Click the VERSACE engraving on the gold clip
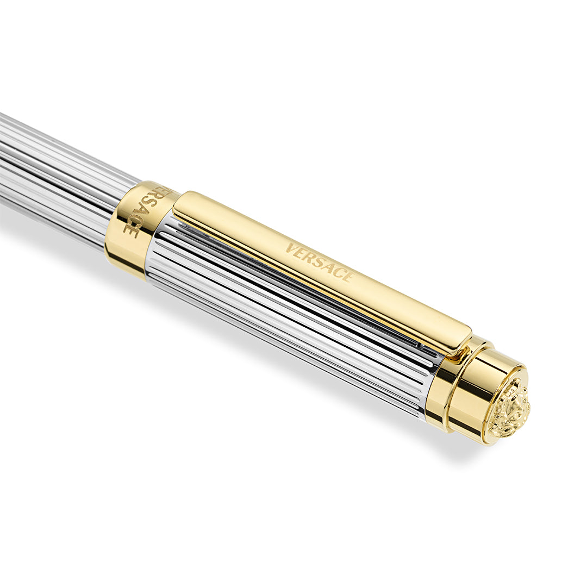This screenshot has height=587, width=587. pyautogui.click(x=319, y=261)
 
